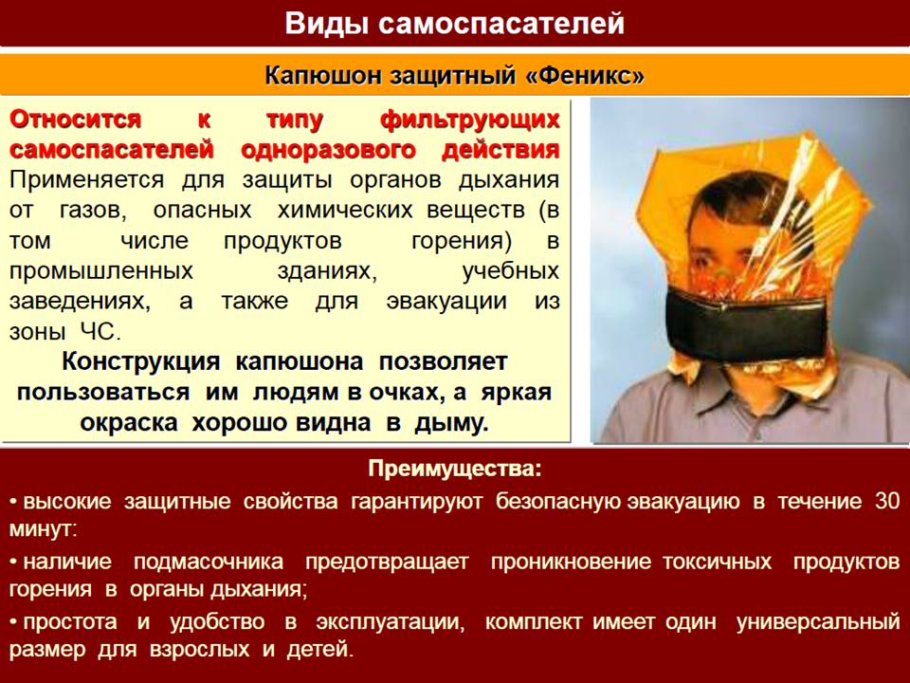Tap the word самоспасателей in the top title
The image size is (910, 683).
pyautogui.click(x=501, y=24)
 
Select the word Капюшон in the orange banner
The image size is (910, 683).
pyautogui.click(x=322, y=76)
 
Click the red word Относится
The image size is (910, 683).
pyautogui.click(x=76, y=120)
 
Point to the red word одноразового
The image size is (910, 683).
pyautogui.click(x=328, y=150)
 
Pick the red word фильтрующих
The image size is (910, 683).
pyautogui.click(x=470, y=120)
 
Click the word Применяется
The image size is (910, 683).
pyautogui.click(x=86, y=180)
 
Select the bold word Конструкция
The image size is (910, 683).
pyautogui.click(x=141, y=361)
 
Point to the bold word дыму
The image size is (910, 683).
pyautogui.click(x=450, y=423)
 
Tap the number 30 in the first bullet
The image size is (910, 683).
pyautogui.click(x=887, y=501)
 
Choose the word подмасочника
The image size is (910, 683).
pyautogui.click(x=209, y=563)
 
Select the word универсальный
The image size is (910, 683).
pyautogui.click(x=818, y=622)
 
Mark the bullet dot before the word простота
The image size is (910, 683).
pyautogui.click(x=14, y=622)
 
